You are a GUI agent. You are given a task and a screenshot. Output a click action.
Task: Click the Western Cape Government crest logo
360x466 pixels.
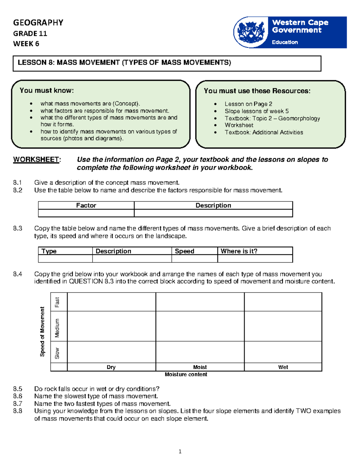[x=251, y=32]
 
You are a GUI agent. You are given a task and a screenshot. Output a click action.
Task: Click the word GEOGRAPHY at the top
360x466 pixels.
[x=38, y=23]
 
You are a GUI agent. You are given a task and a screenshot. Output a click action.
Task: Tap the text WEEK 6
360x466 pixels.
[x=26, y=44]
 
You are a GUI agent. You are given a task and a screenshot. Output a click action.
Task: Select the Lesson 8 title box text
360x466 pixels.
[x=124, y=63]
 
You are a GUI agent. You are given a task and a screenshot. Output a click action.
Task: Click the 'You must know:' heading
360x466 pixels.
[x=46, y=90]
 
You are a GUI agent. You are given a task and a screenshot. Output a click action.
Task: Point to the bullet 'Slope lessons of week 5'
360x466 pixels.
[x=256, y=111]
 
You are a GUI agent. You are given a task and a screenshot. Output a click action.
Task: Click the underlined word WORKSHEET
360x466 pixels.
[x=36, y=160]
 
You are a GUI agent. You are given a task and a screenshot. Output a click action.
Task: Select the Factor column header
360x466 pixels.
[x=86, y=206]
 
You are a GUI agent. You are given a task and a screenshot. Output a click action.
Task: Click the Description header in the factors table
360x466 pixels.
[x=213, y=206]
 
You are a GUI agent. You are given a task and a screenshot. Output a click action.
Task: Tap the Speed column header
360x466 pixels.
[x=184, y=251]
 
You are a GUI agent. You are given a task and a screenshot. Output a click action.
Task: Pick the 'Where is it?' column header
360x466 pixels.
[x=239, y=251]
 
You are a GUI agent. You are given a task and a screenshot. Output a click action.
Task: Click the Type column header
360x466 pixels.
[x=49, y=251]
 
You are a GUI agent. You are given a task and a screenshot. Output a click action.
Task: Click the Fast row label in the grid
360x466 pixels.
[x=57, y=302]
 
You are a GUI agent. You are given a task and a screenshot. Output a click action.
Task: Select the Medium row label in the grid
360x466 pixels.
[x=57, y=328]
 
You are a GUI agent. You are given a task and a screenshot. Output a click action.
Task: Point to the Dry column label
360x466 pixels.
[x=111, y=367]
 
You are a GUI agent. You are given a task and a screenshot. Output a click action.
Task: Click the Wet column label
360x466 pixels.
[x=283, y=367]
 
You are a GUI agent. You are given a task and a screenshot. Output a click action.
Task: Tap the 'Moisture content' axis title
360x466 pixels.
[x=186, y=374]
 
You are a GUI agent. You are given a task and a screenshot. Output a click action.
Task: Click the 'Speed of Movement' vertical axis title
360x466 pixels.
[x=42, y=332]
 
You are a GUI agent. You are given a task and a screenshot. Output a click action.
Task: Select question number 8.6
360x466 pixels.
[x=18, y=396]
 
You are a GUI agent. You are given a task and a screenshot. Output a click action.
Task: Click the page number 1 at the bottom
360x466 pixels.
[x=180, y=452]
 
